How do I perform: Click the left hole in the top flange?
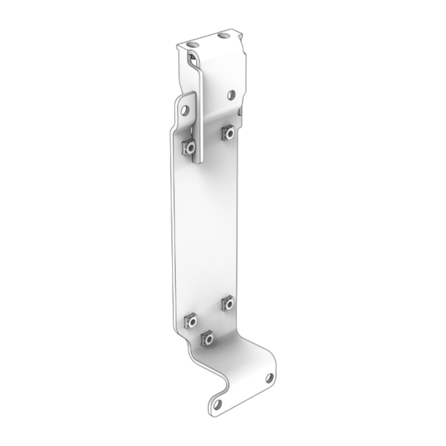pyautogui.click(x=193, y=45)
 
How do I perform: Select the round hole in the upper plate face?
pyautogui.click(x=231, y=94)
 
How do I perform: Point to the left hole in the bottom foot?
pyautogui.click(x=218, y=403)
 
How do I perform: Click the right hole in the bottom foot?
pyautogui.click(x=269, y=377)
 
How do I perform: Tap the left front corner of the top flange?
pyautogui.click(x=177, y=47)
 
